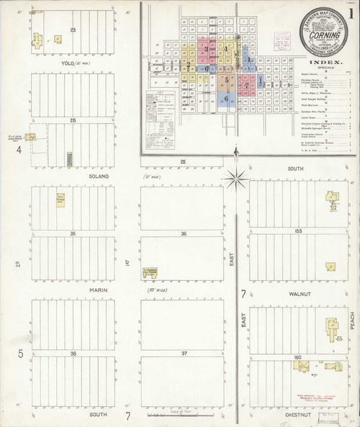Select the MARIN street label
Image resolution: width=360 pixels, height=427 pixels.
pos(99,290)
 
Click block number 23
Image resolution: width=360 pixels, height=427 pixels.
pos(73,30)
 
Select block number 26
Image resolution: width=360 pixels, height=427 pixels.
pos(73,120)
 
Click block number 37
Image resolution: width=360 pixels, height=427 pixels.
pos(184,354)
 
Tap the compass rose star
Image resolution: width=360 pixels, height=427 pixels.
pos(235,177)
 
